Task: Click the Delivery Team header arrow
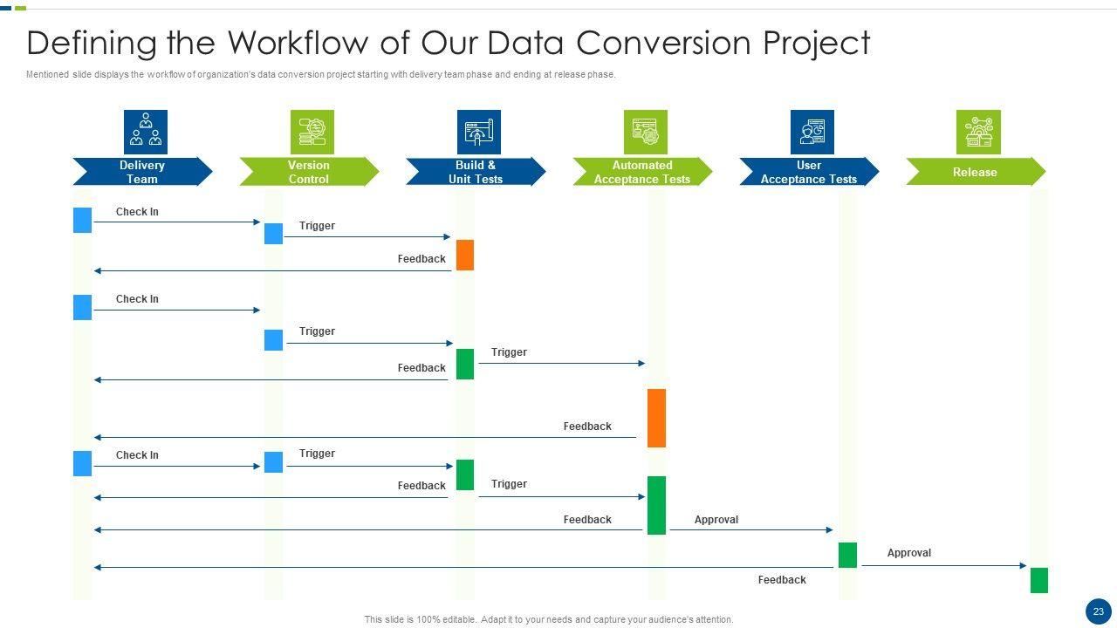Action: coord(141,172)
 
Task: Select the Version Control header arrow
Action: coord(309,172)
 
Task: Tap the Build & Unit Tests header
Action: coord(476,172)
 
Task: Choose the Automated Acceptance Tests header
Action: coord(642,172)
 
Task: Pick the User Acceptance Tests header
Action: coord(809,172)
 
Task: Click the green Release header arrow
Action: coord(975,172)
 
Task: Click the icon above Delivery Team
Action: coord(146,132)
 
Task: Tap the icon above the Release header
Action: coord(978,132)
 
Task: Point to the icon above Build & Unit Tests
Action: coord(479,132)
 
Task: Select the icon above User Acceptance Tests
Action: coord(812,132)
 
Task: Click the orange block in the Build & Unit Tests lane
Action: coord(465,255)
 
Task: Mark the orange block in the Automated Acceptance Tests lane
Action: coord(656,418)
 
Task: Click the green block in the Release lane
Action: coord(1038,580)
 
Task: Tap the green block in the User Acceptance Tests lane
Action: coord(847,555)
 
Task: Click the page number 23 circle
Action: coord(1098,611)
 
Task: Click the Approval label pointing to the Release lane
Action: coord(908,553)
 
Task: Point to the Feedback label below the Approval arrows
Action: coord(782,580)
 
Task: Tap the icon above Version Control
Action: coord(312,132)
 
